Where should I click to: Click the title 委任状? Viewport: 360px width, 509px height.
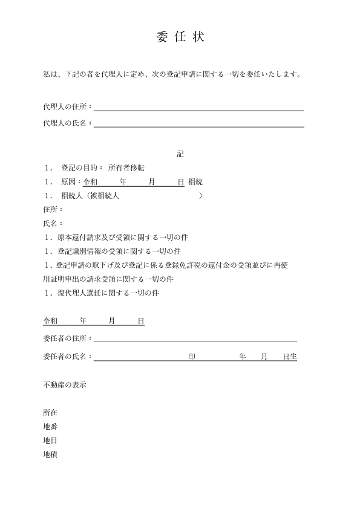click(x=180, y=37)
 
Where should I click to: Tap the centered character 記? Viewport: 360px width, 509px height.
click(x=180, y=154)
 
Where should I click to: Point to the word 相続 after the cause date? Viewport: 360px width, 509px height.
click(x=195, y=182)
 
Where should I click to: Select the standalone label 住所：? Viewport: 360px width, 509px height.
click(x=53, y=210)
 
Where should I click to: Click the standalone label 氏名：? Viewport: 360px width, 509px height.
click(x=53, y=224)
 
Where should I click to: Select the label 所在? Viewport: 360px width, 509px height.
click(x=50, y=413)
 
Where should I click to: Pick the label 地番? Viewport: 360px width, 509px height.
click(x=50, y=427)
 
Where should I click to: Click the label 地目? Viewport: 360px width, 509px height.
click(x=50, y=441)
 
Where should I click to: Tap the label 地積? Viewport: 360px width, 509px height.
click(x=50, y=455)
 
